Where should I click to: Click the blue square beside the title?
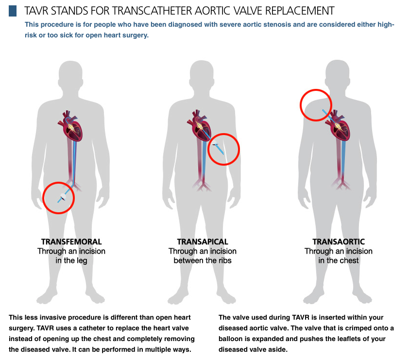(13, 11)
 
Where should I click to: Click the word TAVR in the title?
(38, 10)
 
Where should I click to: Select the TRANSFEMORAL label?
(71, 241)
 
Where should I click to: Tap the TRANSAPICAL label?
(203, 241)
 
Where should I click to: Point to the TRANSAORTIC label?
(339, 241)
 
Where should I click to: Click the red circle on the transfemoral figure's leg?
(59, 198)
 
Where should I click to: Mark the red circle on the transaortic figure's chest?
(316, 105)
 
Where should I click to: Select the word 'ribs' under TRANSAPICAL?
(222, 260)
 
